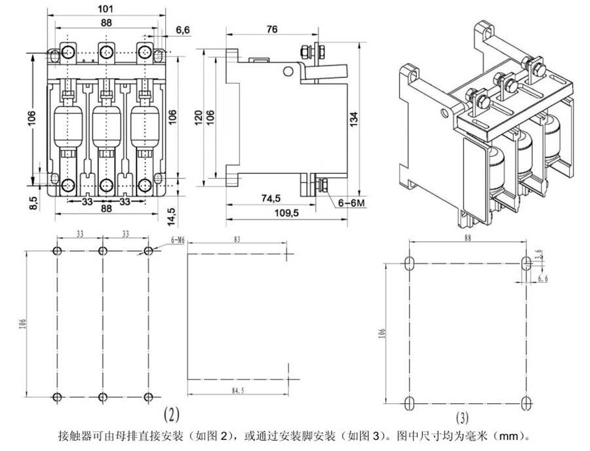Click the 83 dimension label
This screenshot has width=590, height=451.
[x=236, y=241]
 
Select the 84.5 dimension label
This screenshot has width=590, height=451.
[x=238, y=391]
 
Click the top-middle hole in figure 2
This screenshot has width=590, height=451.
[x=102, y=251]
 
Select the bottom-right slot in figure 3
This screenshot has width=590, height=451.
[x=525, y=401]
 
